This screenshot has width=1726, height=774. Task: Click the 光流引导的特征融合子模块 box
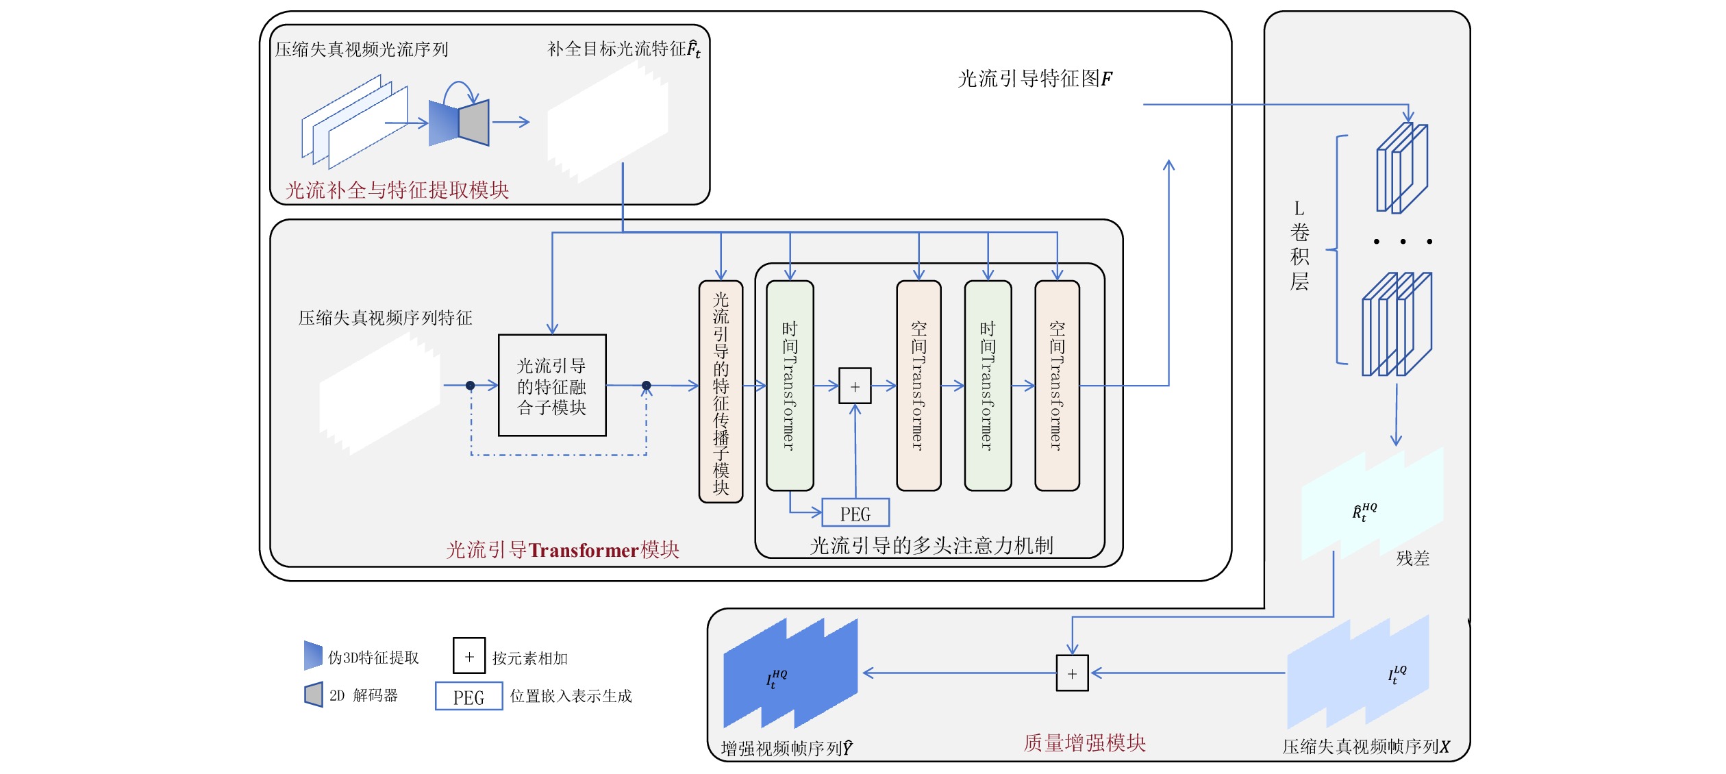(x=552, y=386)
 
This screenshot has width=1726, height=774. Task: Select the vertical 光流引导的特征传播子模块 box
(x=721, y=392)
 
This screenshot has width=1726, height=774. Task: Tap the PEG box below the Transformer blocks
(x=855, y=513)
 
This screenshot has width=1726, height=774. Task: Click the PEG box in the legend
(x=469, y=697)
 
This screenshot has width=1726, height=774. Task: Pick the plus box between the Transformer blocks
(x=855, y=386)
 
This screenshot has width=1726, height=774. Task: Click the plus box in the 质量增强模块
(x=1072, y=673)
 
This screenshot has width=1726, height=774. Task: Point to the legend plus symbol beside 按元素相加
(x=469, y=656)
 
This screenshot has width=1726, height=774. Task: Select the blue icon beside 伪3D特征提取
(x=313, y=656)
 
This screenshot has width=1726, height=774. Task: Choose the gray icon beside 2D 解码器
(x=314, y=695)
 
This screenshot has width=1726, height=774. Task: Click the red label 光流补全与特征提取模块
(x=397, y=190)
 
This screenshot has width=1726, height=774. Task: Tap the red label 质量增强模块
(x=1084, y=742)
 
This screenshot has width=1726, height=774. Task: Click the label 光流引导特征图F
(x=1034, y=79)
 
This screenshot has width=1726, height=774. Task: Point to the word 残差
(x=1412, y=558)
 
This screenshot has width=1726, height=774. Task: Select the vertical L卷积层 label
(x=1299, y=247)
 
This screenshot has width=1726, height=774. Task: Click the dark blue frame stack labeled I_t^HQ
(x=790, y=673)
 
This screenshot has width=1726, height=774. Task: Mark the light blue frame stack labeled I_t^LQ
(x=1358, y=673)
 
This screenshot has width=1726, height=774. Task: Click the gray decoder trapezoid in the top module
(x=474, y=123)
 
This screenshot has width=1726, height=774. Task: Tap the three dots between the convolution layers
(x=1403, y=241)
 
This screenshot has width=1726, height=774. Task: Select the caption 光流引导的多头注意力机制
(x=931, y=546)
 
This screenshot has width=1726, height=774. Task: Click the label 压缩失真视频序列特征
(x=385, y=318)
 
